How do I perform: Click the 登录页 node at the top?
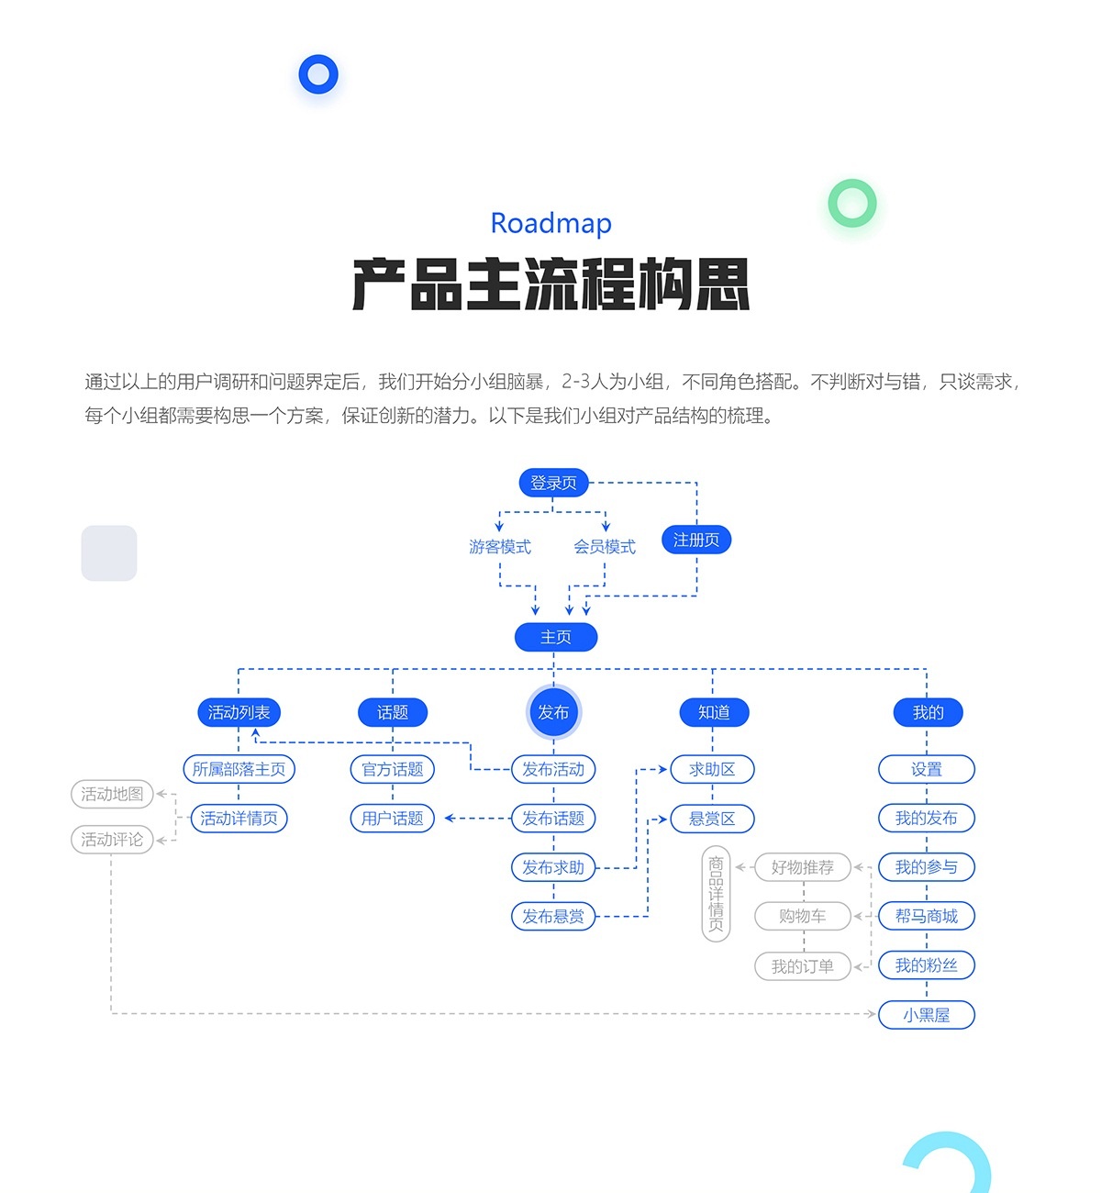tap(553, 483)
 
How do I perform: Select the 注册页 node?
tap(696, 540)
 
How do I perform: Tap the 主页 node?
tap(556, 637)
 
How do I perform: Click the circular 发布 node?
tap(553, 712)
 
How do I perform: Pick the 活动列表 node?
tap(239, 712)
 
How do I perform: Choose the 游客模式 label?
tap(500, 547)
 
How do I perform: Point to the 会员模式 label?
tap(605, 547)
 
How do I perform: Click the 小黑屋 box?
tap(926, 1015)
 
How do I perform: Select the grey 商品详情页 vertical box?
tap(716, 893)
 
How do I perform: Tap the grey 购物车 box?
tap(803, 916)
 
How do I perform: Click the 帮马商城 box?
tap(926, 916)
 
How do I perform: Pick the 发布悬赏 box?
tap(553, 916)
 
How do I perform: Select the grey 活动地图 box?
tap(112, 794)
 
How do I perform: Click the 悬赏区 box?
tap(712, 819)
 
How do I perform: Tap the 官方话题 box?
tap(393, 769)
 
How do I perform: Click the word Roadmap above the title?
tap(550, 223)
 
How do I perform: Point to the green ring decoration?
tap(852, 203)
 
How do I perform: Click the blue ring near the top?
tap(318, 74)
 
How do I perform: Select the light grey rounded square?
tap(109, 553)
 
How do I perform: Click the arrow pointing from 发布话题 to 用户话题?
tap(450, 818)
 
